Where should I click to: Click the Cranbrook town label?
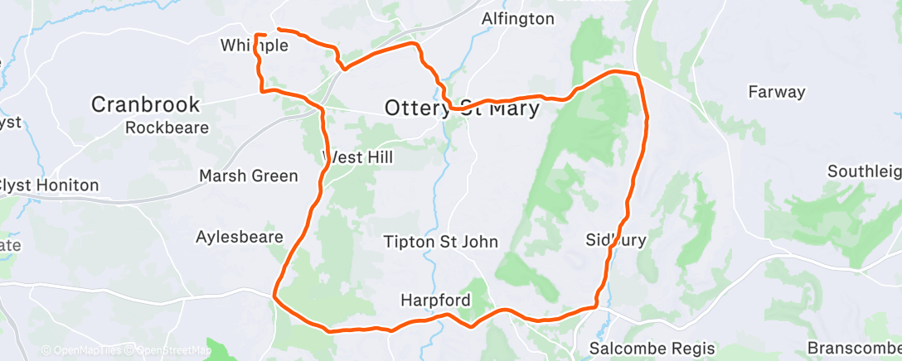click(x=145, y=104)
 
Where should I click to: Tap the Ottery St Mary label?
click(x=462, y=108)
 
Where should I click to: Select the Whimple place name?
click(x=255, y=46)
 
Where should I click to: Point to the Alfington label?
click(x=518, y=18)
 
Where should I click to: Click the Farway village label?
click(x=776, y=91)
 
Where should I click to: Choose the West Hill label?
click(x=358, y=156)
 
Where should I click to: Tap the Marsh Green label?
click(x=249, y=176)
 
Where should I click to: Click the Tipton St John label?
click(x=440, y=242)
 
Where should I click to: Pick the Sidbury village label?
click(x=615, y=240)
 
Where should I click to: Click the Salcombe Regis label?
click(x=643, y=348)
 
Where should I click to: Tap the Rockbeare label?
click(x=167, y=128)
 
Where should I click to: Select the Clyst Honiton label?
click(x=50, y=185)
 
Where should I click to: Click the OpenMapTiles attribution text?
click(x=84, y=350)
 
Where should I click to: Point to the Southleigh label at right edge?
click(x=864, y=171)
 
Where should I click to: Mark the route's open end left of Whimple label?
click(x=255, y=35)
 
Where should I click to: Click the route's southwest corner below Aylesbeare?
click(x=274, y=293)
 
